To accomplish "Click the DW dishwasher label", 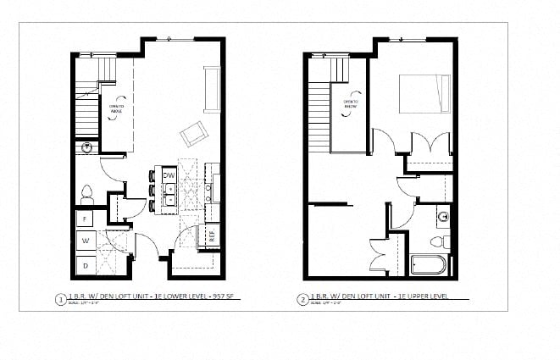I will coord(169,175).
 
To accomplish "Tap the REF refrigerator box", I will coord(212,235).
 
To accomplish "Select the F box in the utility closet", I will coord(86,219).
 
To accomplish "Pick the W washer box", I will coord(86,241).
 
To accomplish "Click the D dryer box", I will coord(86,265).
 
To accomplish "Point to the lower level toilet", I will coord(86,193).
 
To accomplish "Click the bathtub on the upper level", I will coord(428,266).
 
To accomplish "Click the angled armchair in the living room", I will coord(194,133).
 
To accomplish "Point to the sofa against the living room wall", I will coord(212,89).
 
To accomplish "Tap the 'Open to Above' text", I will coord(118,108).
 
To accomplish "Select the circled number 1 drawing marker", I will coord(60,298).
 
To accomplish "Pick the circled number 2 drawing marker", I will coord(302,298).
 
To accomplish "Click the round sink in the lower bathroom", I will coord(86,148).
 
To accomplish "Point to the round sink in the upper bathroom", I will coord(442,216).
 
